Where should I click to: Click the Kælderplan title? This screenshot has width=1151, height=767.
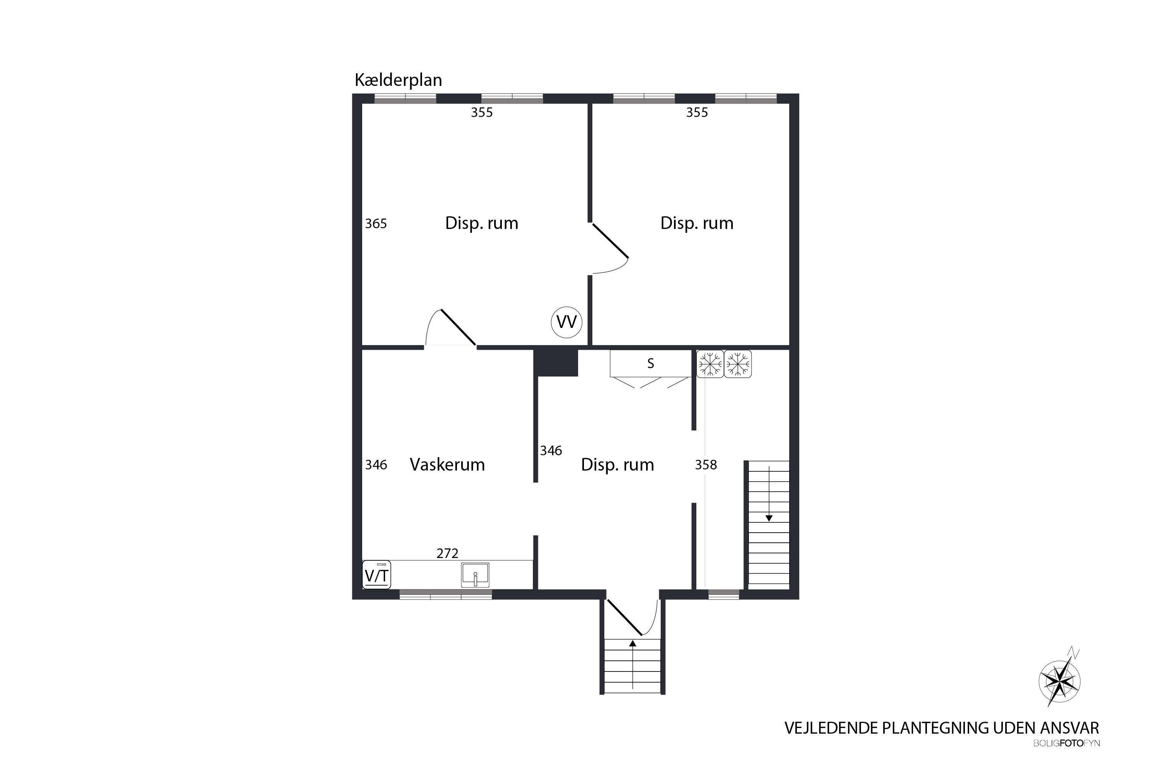398,80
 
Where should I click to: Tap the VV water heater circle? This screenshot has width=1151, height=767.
567,322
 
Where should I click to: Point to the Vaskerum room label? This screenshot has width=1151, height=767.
447,464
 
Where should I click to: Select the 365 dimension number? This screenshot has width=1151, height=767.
376,224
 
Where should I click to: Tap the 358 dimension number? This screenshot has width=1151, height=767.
706,465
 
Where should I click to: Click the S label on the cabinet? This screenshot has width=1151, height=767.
650,364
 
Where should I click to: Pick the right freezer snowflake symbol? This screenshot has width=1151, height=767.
737,364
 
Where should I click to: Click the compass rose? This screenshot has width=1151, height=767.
1059,681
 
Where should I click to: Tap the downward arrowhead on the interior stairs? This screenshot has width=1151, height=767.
769,518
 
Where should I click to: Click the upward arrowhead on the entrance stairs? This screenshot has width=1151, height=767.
633,644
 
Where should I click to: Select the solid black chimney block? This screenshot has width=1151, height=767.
556,362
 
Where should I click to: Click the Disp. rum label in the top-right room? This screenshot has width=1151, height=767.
697,223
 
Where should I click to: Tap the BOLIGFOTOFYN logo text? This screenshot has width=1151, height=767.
1066,743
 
